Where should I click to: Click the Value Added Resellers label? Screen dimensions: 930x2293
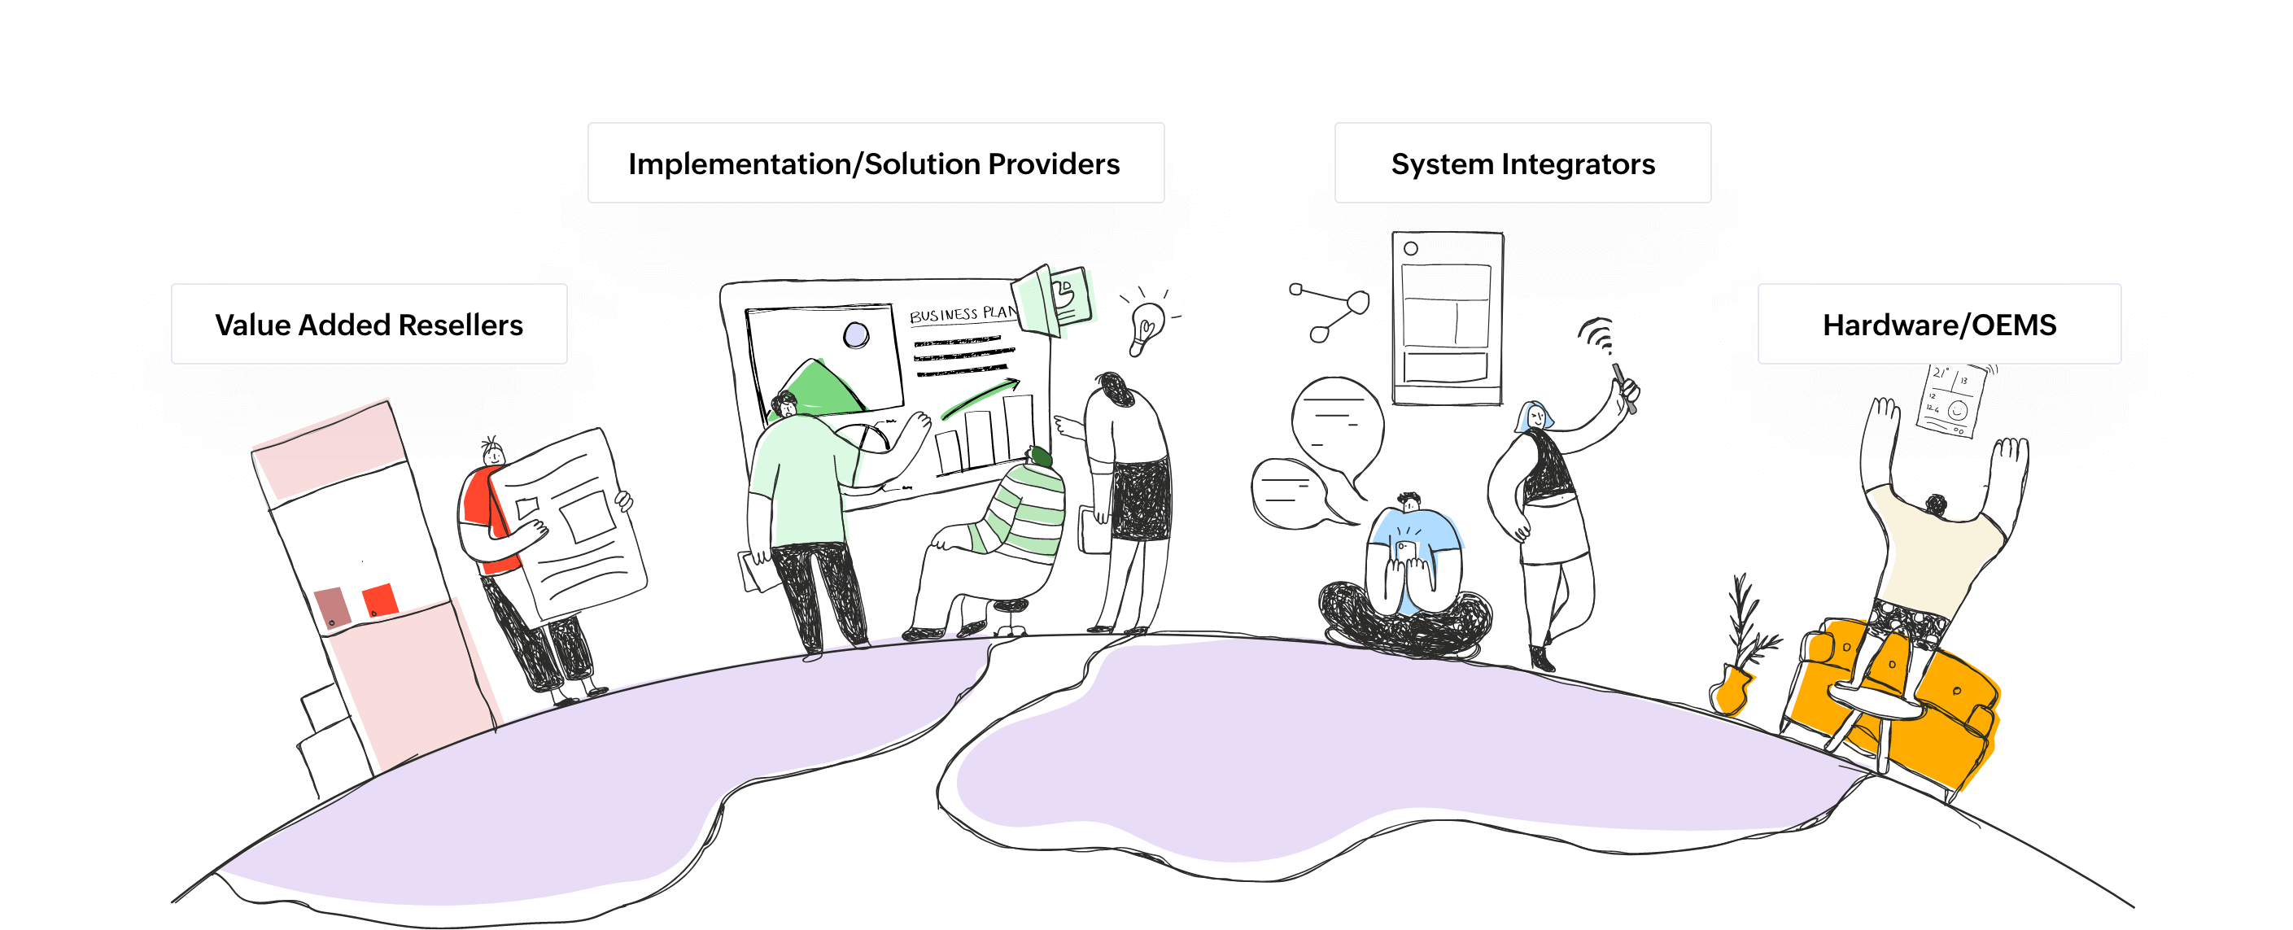coord(369,324)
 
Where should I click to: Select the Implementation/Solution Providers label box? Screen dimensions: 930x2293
coord(875,163)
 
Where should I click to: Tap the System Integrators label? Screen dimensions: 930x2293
coord(1522,163)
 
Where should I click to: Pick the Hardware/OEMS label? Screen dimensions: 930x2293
coord(1939,324)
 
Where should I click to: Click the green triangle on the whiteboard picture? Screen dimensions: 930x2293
coord(815,387)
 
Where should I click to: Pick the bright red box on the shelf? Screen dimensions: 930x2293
coord(378,600)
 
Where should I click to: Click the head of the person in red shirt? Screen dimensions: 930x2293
coord(494,456)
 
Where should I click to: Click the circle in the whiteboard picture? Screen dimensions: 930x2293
coord(855,335)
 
